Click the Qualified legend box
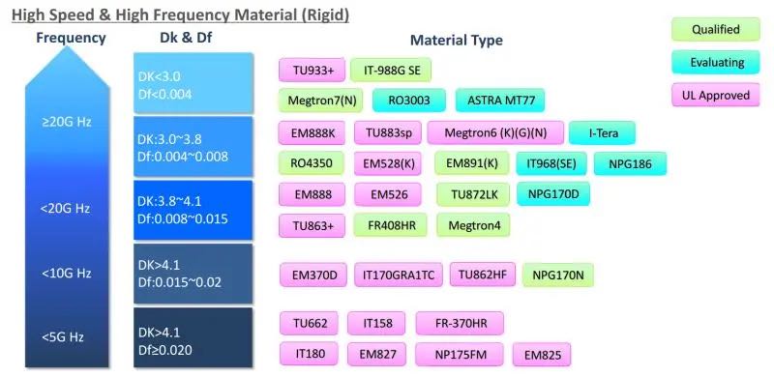click(716, 30)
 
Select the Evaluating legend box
click(716, 63)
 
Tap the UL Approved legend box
click(716, 96)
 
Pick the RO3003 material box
click(408, 101)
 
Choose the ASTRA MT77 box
click(500, 101)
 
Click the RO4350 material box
click(311, 164)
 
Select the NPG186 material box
click(630, 164)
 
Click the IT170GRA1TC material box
click(399, 275)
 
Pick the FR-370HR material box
click(460, 323)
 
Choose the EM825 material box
click(541, 355)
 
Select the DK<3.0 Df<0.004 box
click(193, 84)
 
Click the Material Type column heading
click(456, 41)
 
